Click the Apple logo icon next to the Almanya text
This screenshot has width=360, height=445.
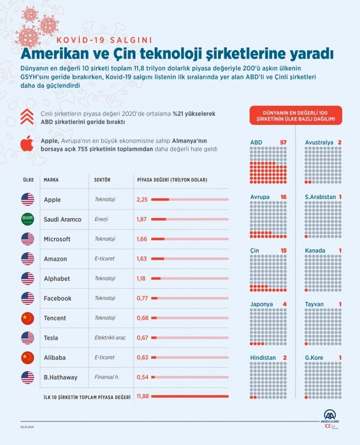click(x=26, y=143)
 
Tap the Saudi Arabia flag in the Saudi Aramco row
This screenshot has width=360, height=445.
click(x=28, y=219)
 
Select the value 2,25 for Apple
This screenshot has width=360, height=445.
click(x=143, y=200)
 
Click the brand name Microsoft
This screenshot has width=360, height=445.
click(x=57, y=239)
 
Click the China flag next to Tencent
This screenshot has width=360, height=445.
click(x=28, y=318)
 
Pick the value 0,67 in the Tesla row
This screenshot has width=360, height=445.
click(x=143, y=337)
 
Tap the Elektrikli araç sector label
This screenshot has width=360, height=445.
click(x=112, y=337)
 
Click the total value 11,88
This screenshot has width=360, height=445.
click(x=143, y=396)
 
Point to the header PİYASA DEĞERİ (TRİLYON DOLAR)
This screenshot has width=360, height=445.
click(x=173, y=180)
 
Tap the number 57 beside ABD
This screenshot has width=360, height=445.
click(x=282, y=142)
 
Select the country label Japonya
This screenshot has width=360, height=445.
click(x=262, y=304)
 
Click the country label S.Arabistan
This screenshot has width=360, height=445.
click(x=321, y=196)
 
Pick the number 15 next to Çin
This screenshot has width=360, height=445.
click(x=282, y=250)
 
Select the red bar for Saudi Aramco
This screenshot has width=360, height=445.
click(x=159, y=219)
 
